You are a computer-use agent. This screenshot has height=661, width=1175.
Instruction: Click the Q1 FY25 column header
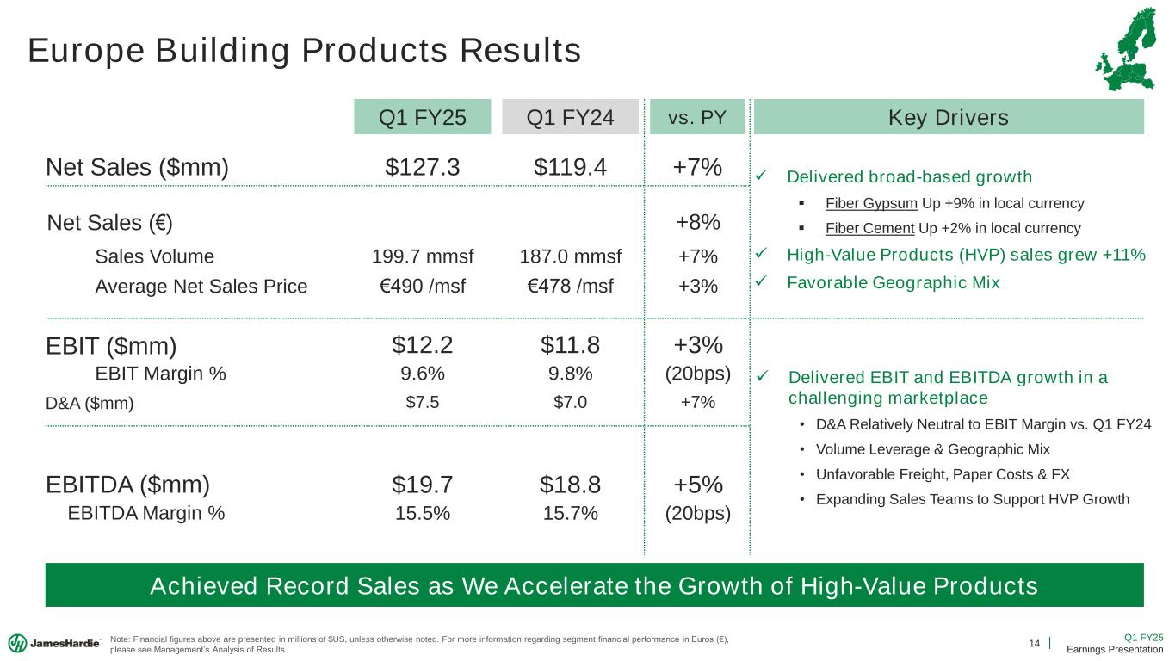(422, 117)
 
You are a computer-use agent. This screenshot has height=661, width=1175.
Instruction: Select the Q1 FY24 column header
(570, 117)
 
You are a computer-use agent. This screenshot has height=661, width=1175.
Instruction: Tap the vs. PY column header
(697, 117)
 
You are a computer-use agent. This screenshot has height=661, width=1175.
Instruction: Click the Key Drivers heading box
(949, 117)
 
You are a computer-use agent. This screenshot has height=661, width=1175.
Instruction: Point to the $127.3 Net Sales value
(422, 167)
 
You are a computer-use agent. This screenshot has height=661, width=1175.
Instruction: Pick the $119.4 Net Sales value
(570, 167)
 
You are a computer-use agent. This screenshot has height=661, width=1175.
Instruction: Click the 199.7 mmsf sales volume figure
(423, 256)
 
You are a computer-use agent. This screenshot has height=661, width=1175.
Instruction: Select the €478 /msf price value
(570, 286)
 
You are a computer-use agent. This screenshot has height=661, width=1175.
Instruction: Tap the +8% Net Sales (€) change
(697, 222)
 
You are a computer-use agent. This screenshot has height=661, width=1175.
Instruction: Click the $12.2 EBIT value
(422, 345)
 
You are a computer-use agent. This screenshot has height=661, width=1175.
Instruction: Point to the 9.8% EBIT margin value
(570, 374)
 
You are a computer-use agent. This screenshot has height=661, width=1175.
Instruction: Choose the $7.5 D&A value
(422, 401)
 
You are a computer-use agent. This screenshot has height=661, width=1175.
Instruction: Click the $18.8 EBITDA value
(570, 485)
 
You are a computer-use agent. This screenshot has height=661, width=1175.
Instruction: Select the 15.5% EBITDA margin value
(422, 514)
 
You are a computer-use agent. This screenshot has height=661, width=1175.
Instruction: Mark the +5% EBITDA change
(697, 485)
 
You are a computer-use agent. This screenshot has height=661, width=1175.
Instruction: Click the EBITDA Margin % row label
(145, 514)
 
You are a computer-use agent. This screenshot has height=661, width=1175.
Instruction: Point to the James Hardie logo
(54, 643)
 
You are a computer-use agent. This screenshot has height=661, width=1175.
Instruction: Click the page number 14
(1035, 643)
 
